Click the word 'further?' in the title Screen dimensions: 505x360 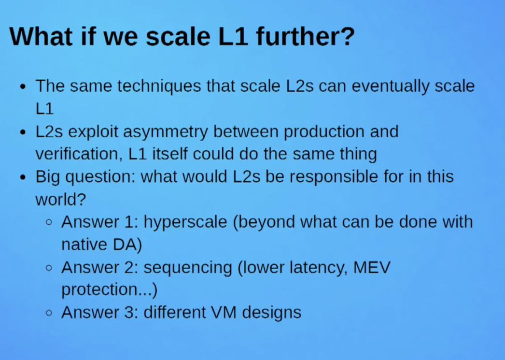[305, 36]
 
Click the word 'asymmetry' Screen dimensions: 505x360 [165, 132]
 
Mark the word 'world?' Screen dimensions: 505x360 [60, 200]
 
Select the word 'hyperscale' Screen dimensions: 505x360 [185, 222]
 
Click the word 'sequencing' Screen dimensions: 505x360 [188, 268]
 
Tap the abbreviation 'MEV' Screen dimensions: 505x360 [372, 267]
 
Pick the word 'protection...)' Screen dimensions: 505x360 [109, 289]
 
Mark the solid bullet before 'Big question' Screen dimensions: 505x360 [23, 177]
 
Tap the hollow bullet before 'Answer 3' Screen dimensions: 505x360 [49, 313]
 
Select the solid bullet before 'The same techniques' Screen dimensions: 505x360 [23, 86]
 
